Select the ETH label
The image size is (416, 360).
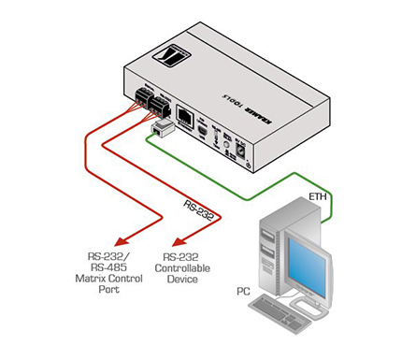click(x=316, y=197)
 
